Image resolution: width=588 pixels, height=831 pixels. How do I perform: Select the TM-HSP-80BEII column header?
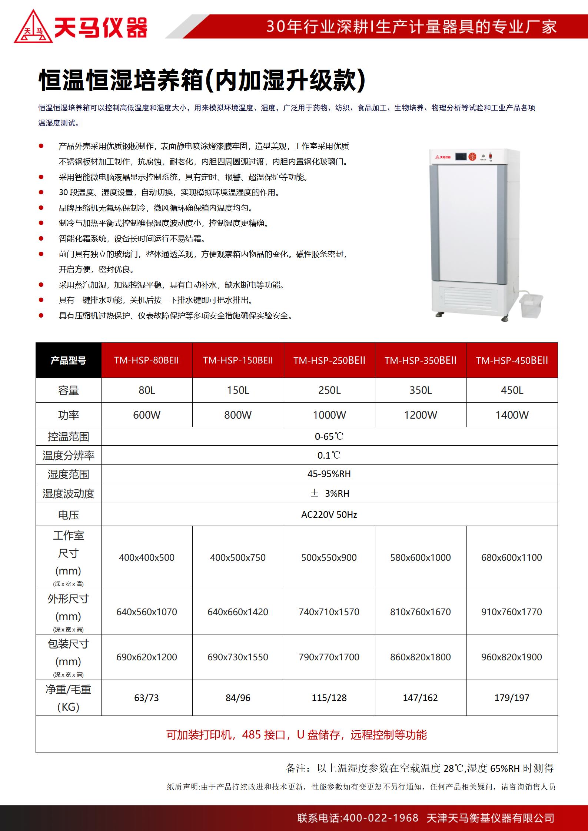(x=146, y=361)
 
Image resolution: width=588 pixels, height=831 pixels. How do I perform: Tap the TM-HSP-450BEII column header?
(x=512, y=361)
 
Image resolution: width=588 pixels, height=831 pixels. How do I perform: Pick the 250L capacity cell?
(x=329, y=391)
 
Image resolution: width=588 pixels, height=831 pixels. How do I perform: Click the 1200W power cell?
(x=421, y=415)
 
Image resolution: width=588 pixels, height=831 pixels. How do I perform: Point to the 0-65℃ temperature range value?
(x=329, y=436)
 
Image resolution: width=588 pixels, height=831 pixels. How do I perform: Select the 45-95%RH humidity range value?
(x=329, y=474)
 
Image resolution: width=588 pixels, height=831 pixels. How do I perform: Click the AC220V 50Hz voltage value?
(x=329, y=515)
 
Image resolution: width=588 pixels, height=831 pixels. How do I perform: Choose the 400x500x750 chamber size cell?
(x=238, y=557)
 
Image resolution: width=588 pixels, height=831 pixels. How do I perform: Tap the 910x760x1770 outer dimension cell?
(x=512, y=612)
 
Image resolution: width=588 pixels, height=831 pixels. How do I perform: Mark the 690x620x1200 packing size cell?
(x=146, y=657)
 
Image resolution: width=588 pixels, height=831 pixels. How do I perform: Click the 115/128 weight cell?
(x=329, y=698)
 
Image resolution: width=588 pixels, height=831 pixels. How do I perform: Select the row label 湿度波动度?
(x=69, y=493)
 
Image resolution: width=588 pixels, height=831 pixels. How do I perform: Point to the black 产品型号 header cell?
(x=69, y=361)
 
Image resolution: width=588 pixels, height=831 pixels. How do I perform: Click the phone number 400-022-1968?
(x=381, y=818)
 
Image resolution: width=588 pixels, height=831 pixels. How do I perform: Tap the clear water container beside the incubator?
(x=531, y=305)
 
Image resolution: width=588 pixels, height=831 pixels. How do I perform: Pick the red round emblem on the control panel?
(x=472, y=157)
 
